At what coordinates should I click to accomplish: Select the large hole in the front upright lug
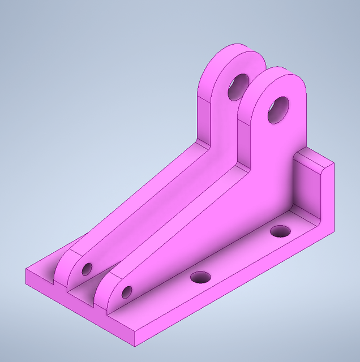(x=278, y=109)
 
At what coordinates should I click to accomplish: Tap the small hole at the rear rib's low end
(x=87, y=268)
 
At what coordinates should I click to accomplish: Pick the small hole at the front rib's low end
(x=126, y=292)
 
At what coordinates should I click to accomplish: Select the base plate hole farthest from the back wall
(x=200, y=277)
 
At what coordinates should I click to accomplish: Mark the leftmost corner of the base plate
(x=27, y=271)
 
